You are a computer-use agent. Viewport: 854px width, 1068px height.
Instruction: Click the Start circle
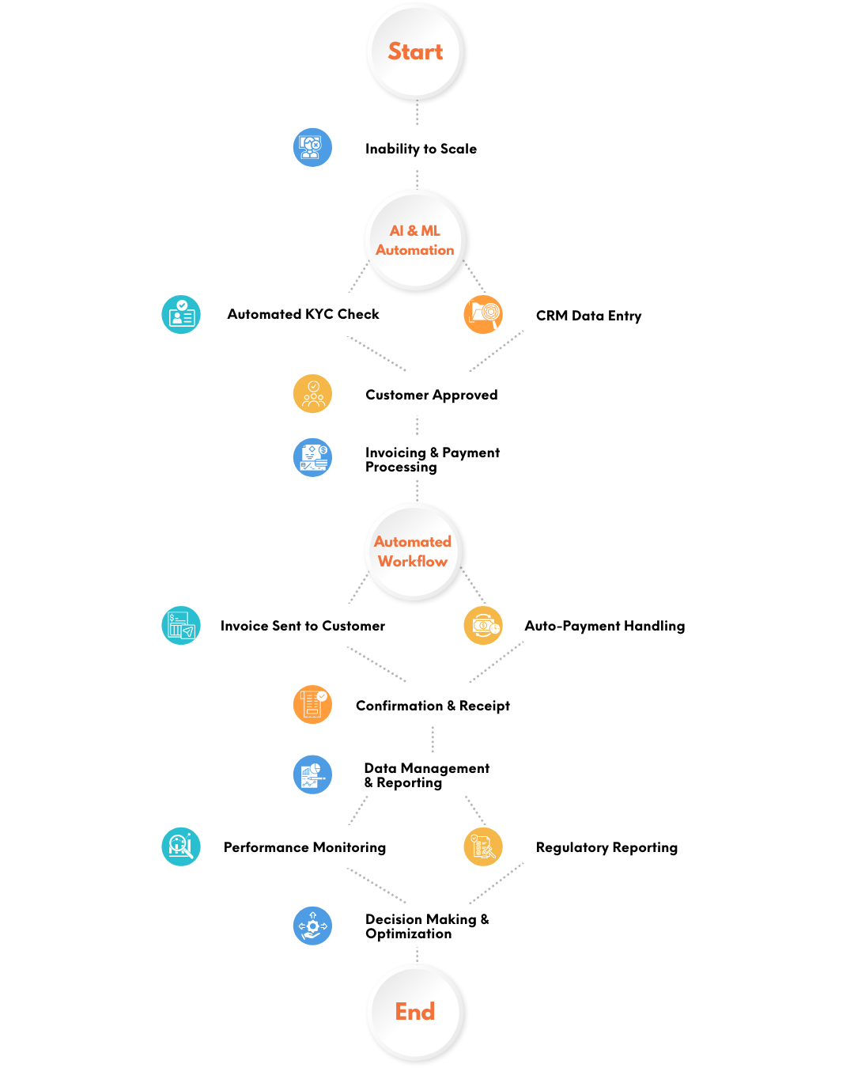[x=415, y=52]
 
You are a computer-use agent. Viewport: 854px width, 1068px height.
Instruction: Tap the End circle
[x=415, y=1012]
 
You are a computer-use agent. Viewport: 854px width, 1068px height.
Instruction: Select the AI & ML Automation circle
[x=415, y=240]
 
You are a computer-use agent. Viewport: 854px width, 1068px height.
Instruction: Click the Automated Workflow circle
[x=413, y=551]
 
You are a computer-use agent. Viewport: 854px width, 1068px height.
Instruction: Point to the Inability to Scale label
[x=421, y=149]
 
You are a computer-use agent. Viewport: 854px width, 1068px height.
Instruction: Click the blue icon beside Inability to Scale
[x=312, y=147]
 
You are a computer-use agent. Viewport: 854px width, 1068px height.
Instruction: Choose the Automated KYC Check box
[x=303, y=314]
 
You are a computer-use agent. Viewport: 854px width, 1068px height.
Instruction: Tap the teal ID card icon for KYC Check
[x=181, y=315]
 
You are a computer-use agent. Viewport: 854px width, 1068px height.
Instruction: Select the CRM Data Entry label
[x=588, y=316]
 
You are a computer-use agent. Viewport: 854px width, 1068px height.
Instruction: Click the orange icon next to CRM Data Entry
[x=482, y=314]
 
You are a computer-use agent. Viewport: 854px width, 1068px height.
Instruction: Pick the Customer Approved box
[x=431, y=395]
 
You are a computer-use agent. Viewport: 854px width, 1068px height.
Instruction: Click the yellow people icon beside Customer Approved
[x=312, y=394]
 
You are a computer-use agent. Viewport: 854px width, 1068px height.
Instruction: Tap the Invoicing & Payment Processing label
[x=433, y=459]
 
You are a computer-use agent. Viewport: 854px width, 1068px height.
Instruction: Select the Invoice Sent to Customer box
[x=302, y=626]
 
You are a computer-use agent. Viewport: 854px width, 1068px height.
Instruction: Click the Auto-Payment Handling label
[x=605, y=626]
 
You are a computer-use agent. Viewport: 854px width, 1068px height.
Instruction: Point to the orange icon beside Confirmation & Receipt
[x=312, y=704]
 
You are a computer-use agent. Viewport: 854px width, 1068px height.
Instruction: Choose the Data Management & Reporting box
[x=427, y=775]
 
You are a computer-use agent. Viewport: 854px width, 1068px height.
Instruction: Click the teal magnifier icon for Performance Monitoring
[x=181, y=846]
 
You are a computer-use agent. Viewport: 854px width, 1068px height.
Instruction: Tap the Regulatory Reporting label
[x=606, y=847]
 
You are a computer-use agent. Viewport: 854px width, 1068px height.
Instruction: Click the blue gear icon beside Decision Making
[x=312, y=926]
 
